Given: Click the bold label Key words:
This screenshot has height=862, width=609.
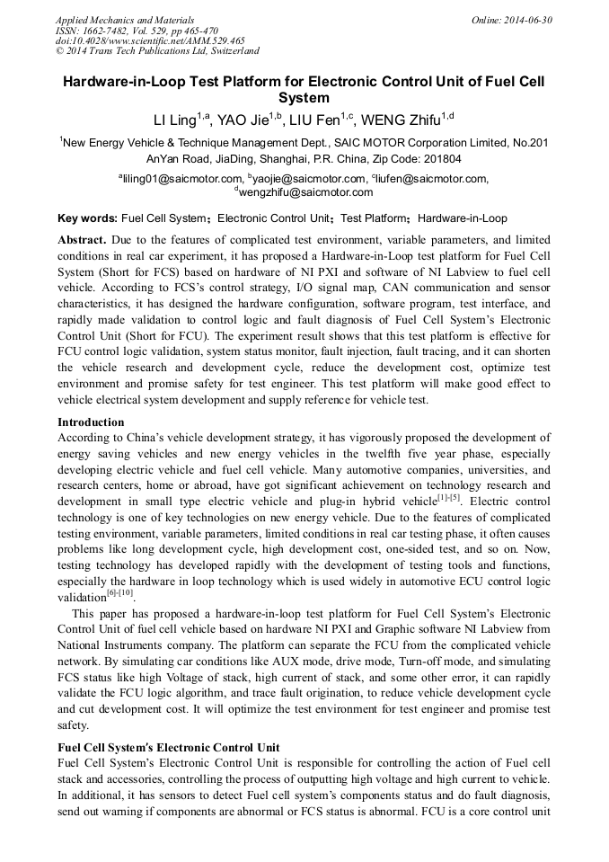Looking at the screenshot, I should [x=87, y=218].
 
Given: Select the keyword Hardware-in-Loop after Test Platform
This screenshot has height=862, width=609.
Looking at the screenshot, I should [x=463, y=218].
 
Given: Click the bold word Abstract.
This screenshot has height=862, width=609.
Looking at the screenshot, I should [x=82, y=241].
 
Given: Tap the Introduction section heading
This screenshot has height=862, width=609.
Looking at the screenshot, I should [x=91, y=422].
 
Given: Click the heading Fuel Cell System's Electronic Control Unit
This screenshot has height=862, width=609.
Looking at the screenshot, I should [x=168, y=747].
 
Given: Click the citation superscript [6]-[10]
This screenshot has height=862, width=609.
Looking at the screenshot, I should [x=120, y=593].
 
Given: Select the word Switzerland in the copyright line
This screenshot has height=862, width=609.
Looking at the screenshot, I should [x=225, y=51].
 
